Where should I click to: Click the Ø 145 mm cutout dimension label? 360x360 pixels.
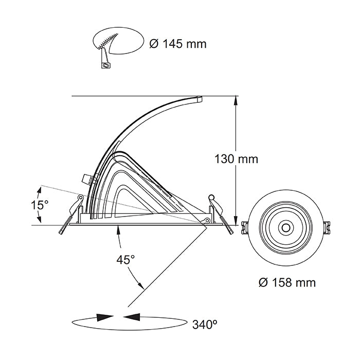[x=178, y=44]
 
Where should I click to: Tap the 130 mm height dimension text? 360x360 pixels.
[x=236, y=159]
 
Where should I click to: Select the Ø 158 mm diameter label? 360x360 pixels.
[x=287, y=282]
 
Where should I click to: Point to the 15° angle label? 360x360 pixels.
[x=40, y=205]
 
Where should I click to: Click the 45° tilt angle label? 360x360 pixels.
[x=125, y=260]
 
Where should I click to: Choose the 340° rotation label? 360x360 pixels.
[x=205, y=325]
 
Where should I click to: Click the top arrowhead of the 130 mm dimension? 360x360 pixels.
[x=236, y=100]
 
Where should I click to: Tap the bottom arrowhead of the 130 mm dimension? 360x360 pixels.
[x=236, y=221]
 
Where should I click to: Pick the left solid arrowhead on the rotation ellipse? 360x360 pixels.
[x=105, y=317]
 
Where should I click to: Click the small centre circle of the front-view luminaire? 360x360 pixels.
[x=286, y=228]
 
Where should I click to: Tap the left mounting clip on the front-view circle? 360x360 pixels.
[x=245, y=228]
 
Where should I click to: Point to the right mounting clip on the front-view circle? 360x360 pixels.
[x=327, y=228]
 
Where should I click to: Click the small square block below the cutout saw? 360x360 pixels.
[x=105, y=65]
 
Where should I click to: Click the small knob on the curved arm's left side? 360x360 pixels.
[x=86, y=178]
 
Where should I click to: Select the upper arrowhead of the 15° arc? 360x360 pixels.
[x=40, y=191]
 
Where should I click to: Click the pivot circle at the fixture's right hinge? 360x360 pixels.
[x=207, y=221]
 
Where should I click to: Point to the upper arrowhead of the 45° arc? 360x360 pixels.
[x=118, y=229]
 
